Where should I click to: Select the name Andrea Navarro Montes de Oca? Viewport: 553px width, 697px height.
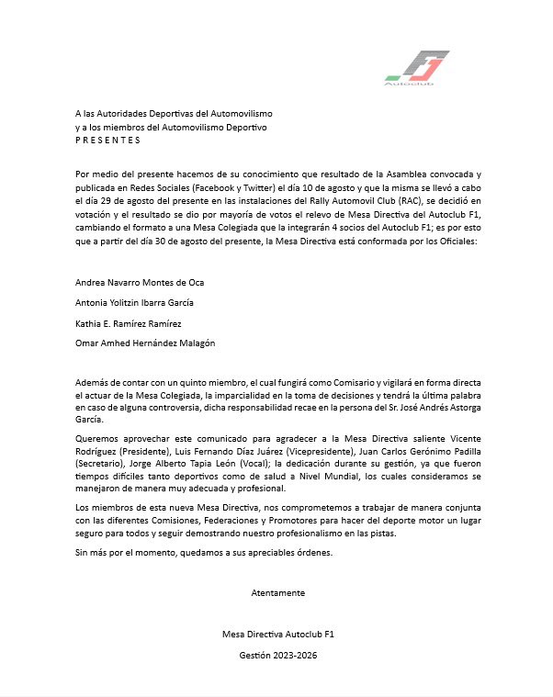click(x=139, y=283)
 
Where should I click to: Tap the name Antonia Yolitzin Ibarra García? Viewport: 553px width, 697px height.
click(x=134, y=302)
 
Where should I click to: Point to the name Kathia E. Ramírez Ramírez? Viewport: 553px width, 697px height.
click(x=129, y=323)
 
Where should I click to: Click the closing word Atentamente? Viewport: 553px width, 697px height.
click(x=277, y=593)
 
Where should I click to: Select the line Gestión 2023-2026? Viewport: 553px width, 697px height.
click(x=277, y=656)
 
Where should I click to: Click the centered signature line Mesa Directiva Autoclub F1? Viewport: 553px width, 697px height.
click(x=277, y=634)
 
